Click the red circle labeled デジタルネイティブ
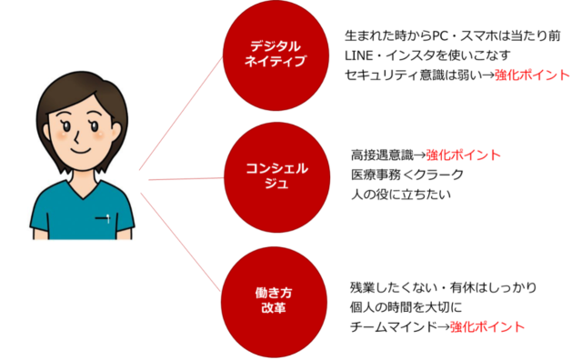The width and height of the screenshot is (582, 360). point(276,55)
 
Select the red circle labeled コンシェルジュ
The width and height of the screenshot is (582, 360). point(276,177)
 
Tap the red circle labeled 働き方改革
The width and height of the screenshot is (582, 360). point(274,302)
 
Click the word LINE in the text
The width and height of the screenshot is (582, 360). point(359,55)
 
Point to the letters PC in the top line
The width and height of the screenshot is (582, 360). point(440,36)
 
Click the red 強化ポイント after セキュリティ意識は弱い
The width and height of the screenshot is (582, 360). point(532,75)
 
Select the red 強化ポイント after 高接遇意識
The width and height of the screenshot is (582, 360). point(463,155)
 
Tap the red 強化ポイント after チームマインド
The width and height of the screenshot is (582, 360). point(487,327)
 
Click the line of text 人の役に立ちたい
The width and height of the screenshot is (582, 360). point(401,195)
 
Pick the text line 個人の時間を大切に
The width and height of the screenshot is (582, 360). point(406,307)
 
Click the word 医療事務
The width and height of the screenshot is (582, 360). point(376,175)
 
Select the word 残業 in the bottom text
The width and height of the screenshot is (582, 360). point(362,287)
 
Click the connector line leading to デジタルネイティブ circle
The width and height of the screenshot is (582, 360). point(181,114)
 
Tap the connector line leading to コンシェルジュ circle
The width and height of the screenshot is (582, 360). point(186,179)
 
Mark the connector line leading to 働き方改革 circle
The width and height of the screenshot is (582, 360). point(181,242)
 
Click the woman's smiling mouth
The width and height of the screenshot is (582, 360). point(81,151)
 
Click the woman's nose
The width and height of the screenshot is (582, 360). point(76,138)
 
